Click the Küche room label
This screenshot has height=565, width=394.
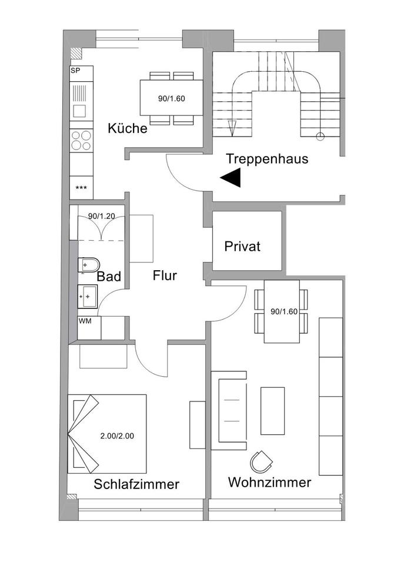tap(127, 128)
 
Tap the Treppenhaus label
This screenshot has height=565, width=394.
tap(266, 159)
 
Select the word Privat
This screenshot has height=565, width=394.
tap(242, 247)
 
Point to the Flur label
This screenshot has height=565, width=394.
tap(165, 275)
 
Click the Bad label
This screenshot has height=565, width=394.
tap(109, 277)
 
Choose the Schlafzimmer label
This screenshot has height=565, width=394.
tap(136, 484)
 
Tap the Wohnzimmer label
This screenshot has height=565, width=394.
tap(269, 483)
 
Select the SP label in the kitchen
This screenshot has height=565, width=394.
tap(75, 71)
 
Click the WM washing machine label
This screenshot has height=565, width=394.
tap(85, 321)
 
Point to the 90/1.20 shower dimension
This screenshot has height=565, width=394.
tap(101, 216)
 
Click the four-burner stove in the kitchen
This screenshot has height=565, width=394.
tap(81, 141)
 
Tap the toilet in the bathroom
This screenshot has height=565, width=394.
tap(89, 265)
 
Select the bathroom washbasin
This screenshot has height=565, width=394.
tap(88, 295)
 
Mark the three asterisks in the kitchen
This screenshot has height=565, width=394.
tap(81, 188)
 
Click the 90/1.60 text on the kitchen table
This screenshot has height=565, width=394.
tap(172, 99)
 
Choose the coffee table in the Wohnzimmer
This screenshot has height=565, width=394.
tap(272, 411)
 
